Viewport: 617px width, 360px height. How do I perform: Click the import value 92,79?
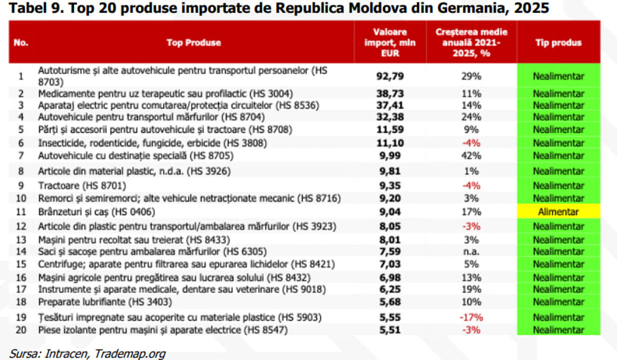(x=390, y=76)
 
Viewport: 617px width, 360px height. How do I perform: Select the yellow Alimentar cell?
(x=558, y=212)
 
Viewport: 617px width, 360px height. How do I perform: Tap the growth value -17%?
(x=471, y=317)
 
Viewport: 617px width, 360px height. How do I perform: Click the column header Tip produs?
(x=558, y=43)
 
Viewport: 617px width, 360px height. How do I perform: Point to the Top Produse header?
(x=194, y=43)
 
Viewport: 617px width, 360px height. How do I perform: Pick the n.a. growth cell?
(x=471, y=252)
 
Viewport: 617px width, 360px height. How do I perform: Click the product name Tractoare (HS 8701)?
(x=82, y=186)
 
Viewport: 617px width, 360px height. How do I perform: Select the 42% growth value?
(x=471, y=156)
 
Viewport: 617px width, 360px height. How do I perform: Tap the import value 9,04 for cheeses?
(x=390, y=212)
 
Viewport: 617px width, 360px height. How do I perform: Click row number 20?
(x=21, y=330)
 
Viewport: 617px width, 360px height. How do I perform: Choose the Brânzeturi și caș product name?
(x=96, y=212)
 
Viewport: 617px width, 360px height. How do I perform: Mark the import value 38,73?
(x=390, y=94)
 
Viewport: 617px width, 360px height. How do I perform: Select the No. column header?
(x=21, y=43)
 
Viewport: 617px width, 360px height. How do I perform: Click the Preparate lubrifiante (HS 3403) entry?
(x=105, y=302)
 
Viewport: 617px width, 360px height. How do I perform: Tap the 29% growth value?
(x=471, y=76)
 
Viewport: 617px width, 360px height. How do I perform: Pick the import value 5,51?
(x=390, y=330)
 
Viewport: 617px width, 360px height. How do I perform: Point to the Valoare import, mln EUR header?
(x=390, y=43)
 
